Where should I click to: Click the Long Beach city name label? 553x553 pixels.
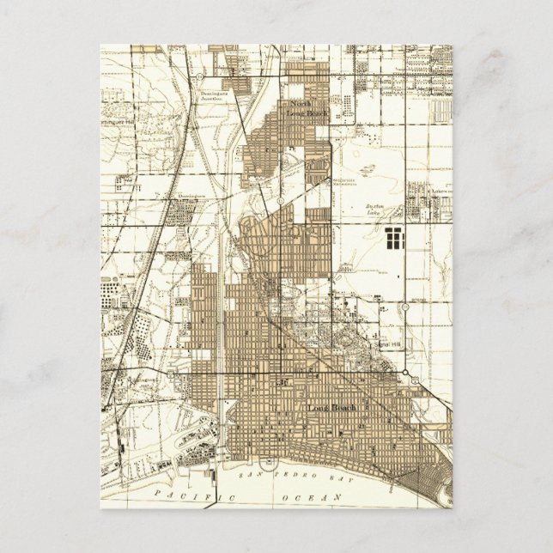click(x=325, y=406)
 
